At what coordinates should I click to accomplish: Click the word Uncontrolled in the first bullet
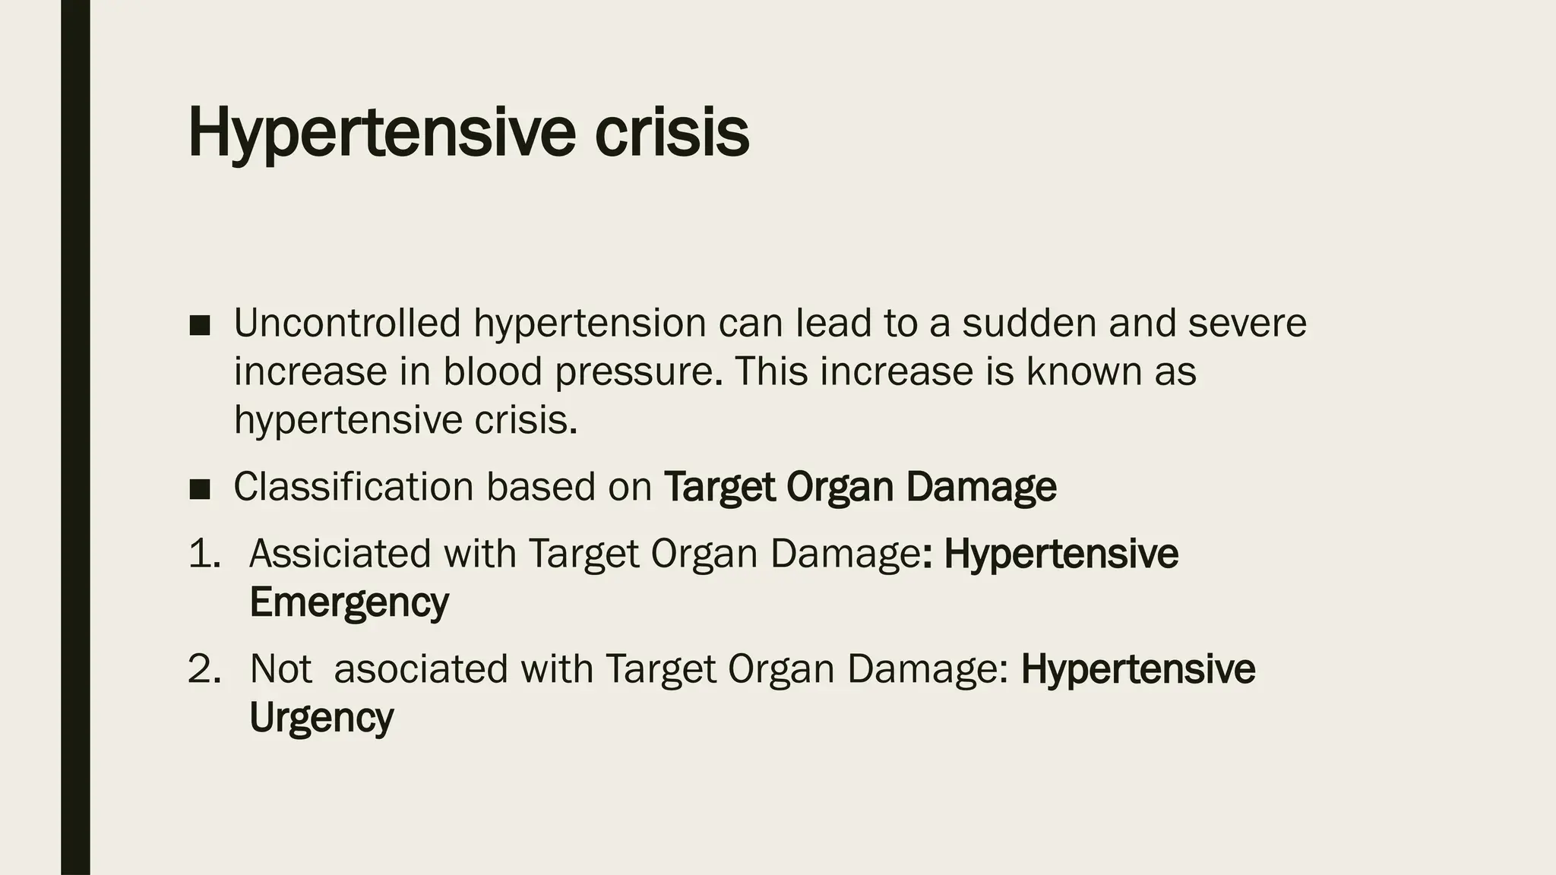[347, 323]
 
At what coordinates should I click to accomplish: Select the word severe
[1247, 323]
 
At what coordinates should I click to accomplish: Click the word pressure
[634, 373]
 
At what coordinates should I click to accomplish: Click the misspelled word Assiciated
[340, 553]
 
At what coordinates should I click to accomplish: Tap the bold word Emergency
[349, 603]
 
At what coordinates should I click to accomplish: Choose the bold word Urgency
[321, 718]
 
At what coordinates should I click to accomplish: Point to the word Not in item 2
[280, 669]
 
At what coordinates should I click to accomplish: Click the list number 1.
[204, 553]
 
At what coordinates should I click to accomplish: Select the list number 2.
[204, 669]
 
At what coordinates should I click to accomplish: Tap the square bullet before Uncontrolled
[200, 326]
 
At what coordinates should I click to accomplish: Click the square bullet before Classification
[200, 489]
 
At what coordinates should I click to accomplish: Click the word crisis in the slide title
[672, 132]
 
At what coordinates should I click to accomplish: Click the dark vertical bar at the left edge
[75, 437]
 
